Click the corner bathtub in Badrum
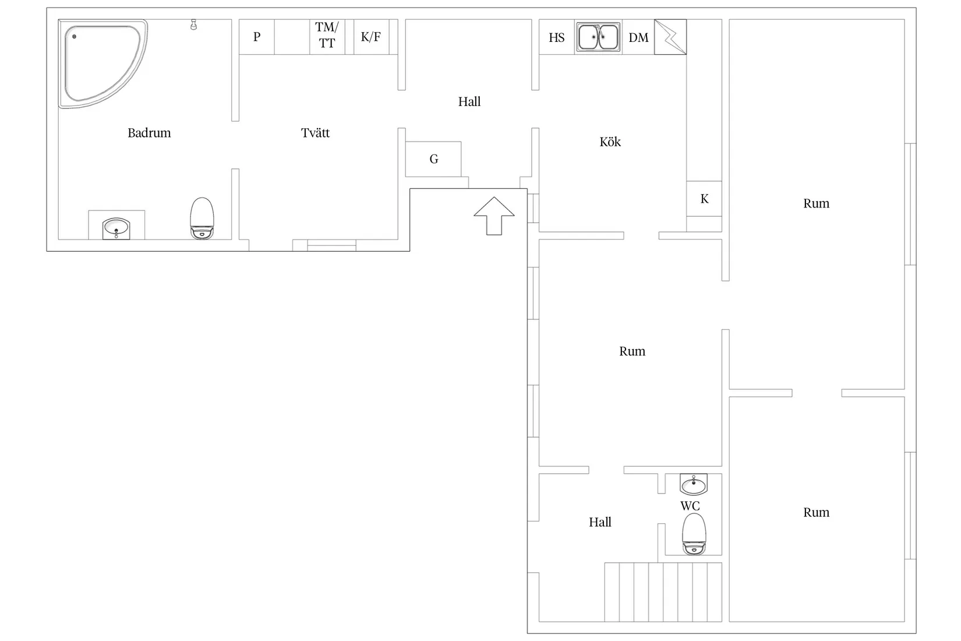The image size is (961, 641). click(x=103, y=64)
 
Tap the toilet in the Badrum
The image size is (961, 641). click(x=202, y=218)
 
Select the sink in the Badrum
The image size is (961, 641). click(x=116, y=228)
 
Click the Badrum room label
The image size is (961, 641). click(x=149, y=133)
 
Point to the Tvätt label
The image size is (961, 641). click(x=315, y=133)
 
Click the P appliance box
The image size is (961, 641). click(x=256, y=37)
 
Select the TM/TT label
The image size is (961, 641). click(x=327, y=35)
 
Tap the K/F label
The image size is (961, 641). click(x=370, y=37)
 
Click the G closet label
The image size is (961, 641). click(x=434, y=159)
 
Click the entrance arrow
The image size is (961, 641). click(x=494, y=216)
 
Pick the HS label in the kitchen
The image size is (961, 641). click(x=557, y=38)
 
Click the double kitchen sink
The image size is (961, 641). click(x=598, y=37)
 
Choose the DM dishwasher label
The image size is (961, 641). click(x=638, y=38)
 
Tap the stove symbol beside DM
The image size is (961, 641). click(x=670, y=37)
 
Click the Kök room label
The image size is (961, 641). click(x=610, y=142)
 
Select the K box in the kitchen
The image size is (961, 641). click(x=704, y=199)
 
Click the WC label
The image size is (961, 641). click(x=690, y=506)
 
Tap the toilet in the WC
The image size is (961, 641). click(x=694, y=534)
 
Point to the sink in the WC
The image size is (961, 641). click(x=694, y=484)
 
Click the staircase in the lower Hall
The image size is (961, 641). click(x=663, y=592)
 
